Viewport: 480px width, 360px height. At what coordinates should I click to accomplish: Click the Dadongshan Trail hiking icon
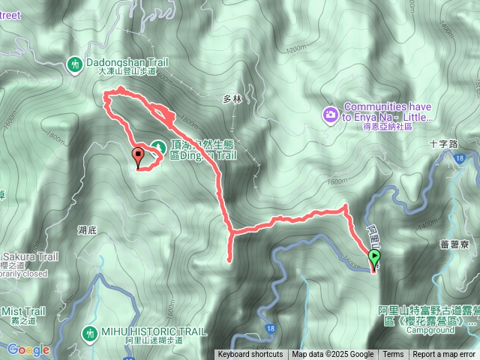tap(74, 64)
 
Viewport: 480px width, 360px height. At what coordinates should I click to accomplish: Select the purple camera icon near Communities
tap(331, 114)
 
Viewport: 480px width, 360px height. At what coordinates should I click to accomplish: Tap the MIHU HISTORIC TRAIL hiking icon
tap(91, 331)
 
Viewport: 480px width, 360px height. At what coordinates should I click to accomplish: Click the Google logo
tap(28, 349)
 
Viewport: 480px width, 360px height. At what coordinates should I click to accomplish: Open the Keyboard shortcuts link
tap(250, 355)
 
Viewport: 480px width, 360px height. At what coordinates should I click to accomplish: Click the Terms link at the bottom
tap(393, 355)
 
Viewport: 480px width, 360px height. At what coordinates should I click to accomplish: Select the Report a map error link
tap(445, 355)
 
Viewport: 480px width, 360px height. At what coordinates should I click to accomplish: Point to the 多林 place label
tap(231, 99)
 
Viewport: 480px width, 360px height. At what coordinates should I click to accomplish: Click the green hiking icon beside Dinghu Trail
tap(157, 146)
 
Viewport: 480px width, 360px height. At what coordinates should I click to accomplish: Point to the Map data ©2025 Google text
tap(333, 355)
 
